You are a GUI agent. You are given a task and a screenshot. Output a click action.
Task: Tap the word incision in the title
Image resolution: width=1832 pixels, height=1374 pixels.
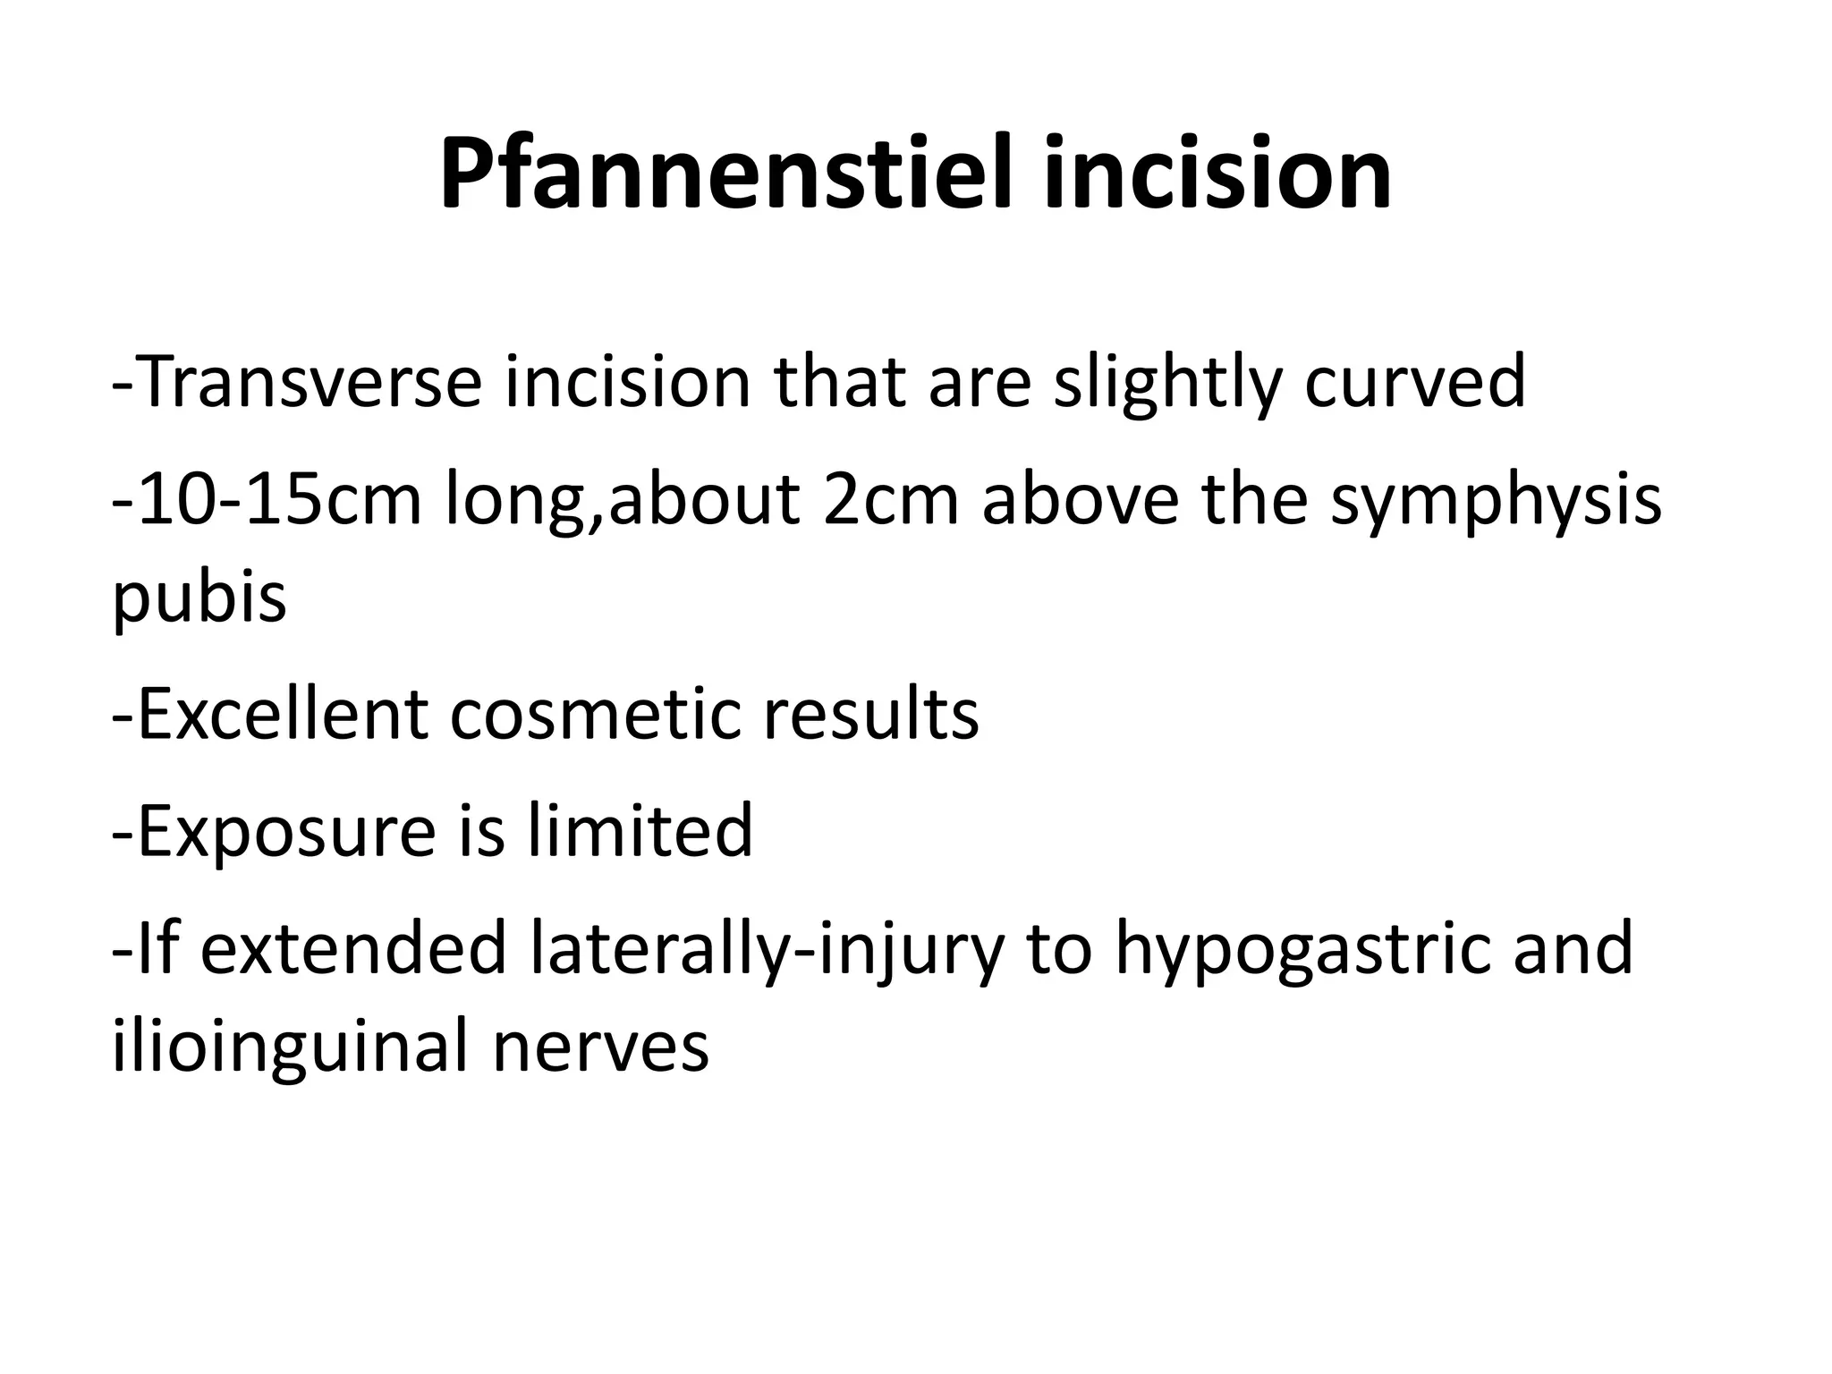[1217, 173]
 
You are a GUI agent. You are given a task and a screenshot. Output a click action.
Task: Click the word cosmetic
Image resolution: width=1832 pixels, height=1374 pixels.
[596, 716]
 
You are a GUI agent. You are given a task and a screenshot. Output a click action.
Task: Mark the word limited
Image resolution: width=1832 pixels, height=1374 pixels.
[640, 830]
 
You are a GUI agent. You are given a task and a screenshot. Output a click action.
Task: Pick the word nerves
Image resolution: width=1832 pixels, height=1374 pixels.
[601, 1047]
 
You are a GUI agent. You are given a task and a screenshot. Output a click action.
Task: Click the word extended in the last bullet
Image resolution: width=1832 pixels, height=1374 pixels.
[353, 947]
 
